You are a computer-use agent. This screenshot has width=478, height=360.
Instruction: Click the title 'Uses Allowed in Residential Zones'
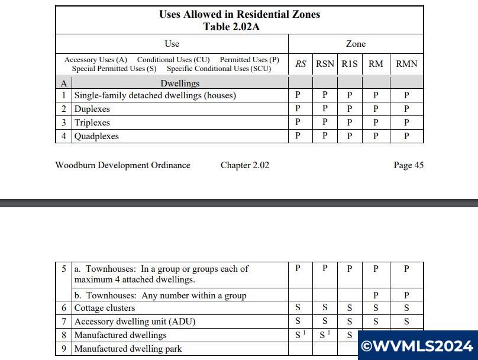click(x=239, y=15)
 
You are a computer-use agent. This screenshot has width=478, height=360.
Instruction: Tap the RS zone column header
click(x=301, y=64)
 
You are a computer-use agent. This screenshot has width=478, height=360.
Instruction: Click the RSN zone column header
click(x=325, y=64)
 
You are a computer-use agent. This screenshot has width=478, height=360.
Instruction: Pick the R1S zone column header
click(x=349, y=64)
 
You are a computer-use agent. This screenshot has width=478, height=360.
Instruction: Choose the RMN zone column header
click(x=406, y=64)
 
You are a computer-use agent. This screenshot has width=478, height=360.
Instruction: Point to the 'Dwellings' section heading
click(x=180, y=83)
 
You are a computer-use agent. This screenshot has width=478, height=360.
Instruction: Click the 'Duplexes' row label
click(x=92, y=109)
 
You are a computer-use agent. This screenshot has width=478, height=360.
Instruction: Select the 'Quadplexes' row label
click(x=96, y=136)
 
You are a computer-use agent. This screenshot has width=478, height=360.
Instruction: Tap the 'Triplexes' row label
click(x=92, y=123)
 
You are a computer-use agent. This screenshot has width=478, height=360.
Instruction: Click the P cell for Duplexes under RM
click(x=376, y=109)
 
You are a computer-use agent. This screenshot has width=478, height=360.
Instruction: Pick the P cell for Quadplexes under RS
click(x=298, y=136)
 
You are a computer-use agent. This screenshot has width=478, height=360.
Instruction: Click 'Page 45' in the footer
click(x=408, y=165)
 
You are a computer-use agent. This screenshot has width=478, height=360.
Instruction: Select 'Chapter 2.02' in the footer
click(x=244, y=165)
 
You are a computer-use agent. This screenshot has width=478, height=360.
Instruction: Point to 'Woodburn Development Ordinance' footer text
click(x=122, y=165)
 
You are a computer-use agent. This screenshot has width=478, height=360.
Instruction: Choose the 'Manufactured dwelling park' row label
click(x=128, y=349)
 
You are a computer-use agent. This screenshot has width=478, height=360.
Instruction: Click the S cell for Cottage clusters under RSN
click(x=325, y=308)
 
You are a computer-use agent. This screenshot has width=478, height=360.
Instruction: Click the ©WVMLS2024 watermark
click(x=418, y=346)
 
